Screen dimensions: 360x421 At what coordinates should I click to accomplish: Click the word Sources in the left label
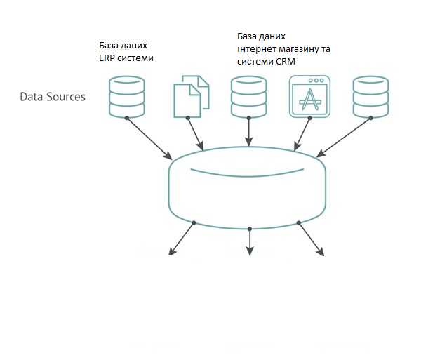(x=64, y=96)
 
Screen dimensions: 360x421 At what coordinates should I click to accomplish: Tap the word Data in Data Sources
(x=31, y=96)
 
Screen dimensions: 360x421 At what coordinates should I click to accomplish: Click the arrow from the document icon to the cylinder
(x=196, y=134)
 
